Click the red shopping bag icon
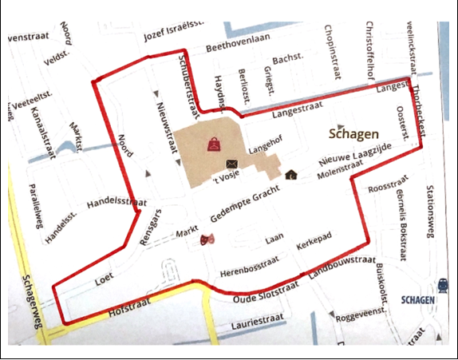coord(215,144)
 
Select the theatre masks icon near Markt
coord(209,238)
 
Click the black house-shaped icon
coord(291,174)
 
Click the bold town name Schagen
coord(352,134)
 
